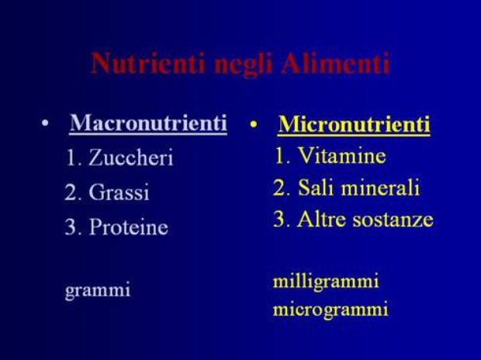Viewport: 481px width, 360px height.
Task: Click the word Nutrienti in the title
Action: [x=148, y=63]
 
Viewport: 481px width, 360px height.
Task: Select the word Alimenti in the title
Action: [x=336, y=63]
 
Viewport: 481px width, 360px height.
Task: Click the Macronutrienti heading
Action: [x=148, y=123]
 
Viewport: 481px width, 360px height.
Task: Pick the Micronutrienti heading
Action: [x=354, y=125]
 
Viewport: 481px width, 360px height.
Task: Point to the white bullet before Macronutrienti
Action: [x=45, y=123]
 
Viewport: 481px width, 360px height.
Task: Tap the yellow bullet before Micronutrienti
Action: [x=254, y=125]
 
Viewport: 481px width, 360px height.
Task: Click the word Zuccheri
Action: [x=131, y=157]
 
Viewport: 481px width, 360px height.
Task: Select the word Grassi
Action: [x=119, y=192]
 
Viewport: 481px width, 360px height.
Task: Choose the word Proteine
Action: [x=129, y=227]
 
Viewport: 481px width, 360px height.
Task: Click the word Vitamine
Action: [x=342, y=155]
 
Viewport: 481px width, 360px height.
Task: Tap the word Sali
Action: [x=316, y=187]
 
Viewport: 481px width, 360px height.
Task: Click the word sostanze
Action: [x=393, y=220]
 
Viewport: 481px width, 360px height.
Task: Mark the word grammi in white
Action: [x=98, y=290]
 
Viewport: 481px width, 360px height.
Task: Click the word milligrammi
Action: [x=326, y=282]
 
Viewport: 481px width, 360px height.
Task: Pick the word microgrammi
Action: [x=330, y=310]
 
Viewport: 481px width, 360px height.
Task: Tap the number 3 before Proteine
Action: [x=71, y=227]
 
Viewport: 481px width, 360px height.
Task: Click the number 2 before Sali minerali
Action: [x=279, y=187]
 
